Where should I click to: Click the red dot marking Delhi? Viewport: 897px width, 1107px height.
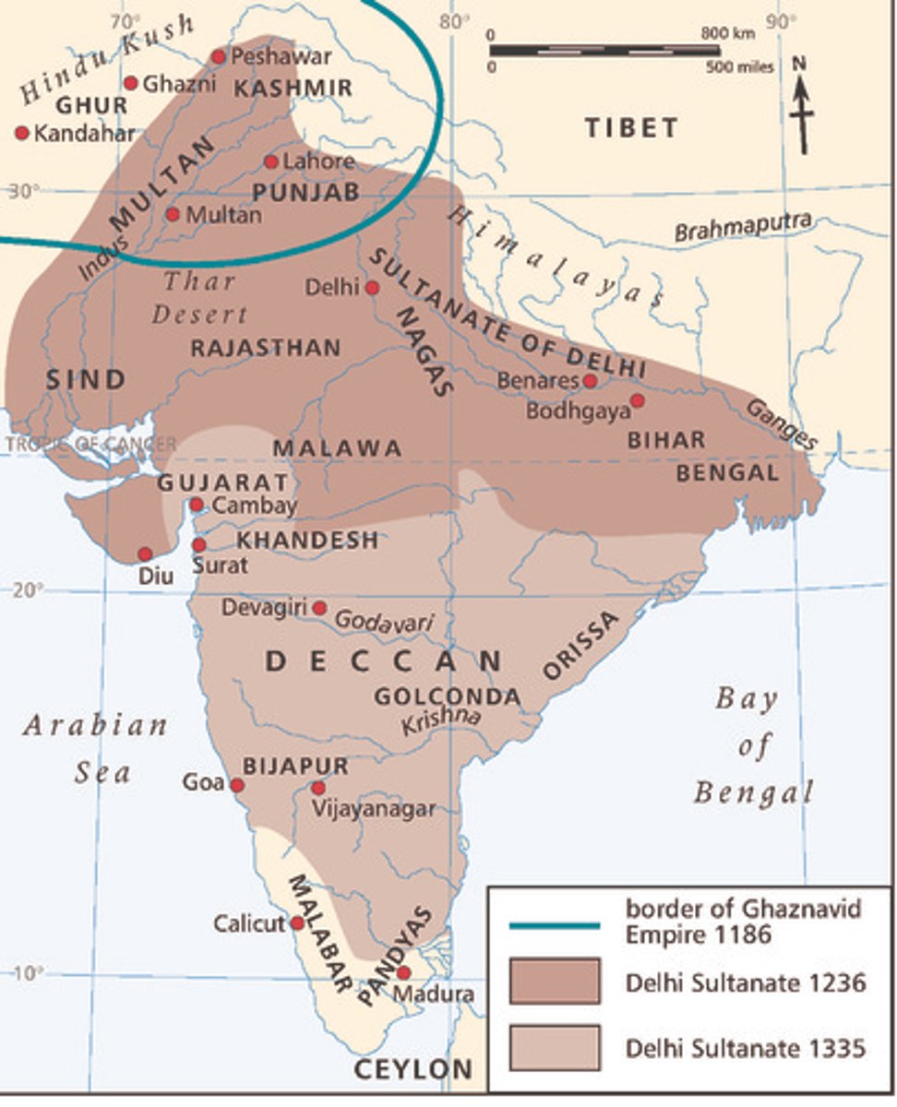pyautogui.click(x=372, y=287)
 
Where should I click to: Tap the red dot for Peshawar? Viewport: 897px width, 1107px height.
pyautogui.click(x=219, y=57)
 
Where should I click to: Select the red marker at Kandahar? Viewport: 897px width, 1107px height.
pyautogui.click(x=22, y=133)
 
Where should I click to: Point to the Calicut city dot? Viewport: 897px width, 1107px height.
pyautogui.click(x=297, y=922)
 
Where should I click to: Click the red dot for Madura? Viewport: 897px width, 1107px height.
pyautogui.click(x=403, y=972)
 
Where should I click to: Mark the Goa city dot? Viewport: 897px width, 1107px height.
pyautogui.click(x=236, y=785)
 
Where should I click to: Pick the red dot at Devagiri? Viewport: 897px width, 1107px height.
pyautogui.click(x=319, y=608)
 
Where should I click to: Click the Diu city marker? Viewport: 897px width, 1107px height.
pyautogui.click(x=145, y=554)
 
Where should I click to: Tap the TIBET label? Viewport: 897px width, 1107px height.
pyautogui.click(x=631, y=128)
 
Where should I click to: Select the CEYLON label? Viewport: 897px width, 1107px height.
pyautogui.click(x=413, y=1070)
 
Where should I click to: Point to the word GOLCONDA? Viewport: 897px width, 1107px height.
pyautogui.click(x=447, y=697)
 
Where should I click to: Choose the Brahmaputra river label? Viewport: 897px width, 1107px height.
pyautogui.click(x=743, y=227)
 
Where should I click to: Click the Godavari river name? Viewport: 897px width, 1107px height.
pyautogui.click(x=383, y=622)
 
